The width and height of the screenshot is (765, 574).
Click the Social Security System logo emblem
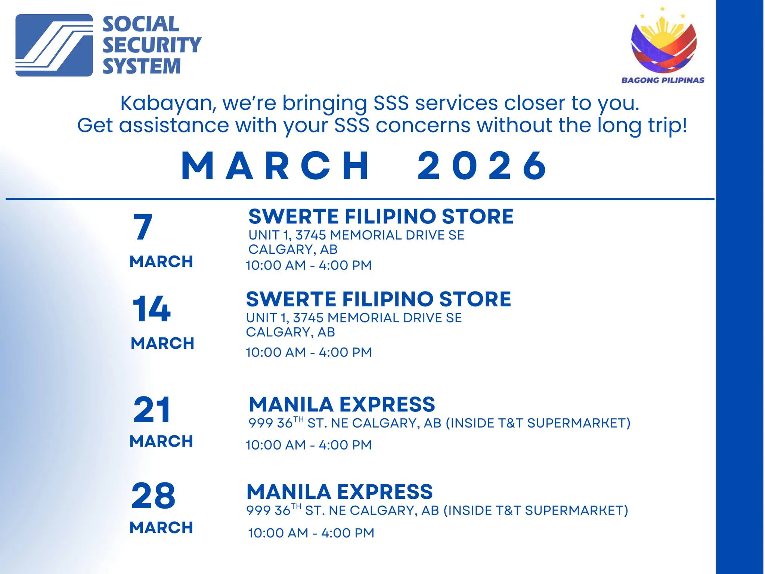click(x=54, y=45)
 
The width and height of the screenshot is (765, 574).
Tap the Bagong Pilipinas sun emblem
click(x=664, y=43)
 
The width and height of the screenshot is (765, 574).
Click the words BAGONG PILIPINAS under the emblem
click(x=663, y=80)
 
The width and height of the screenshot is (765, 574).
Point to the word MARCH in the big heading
click(x=275, y=166)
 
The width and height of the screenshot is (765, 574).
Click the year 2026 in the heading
click(x=482, y=166)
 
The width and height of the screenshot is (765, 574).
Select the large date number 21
click(x=152, y=410)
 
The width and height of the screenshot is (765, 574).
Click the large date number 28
click(x=153, y=496)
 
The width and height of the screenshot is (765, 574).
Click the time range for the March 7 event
click(x=309, y=265)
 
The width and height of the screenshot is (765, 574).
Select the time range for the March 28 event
click(x=311, y=533)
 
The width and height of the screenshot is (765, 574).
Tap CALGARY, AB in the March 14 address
click(x=290, y=332)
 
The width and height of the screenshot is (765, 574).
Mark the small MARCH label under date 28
click(x=161, y=528)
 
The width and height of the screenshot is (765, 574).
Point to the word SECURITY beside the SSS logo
click(x=152, y=45)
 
